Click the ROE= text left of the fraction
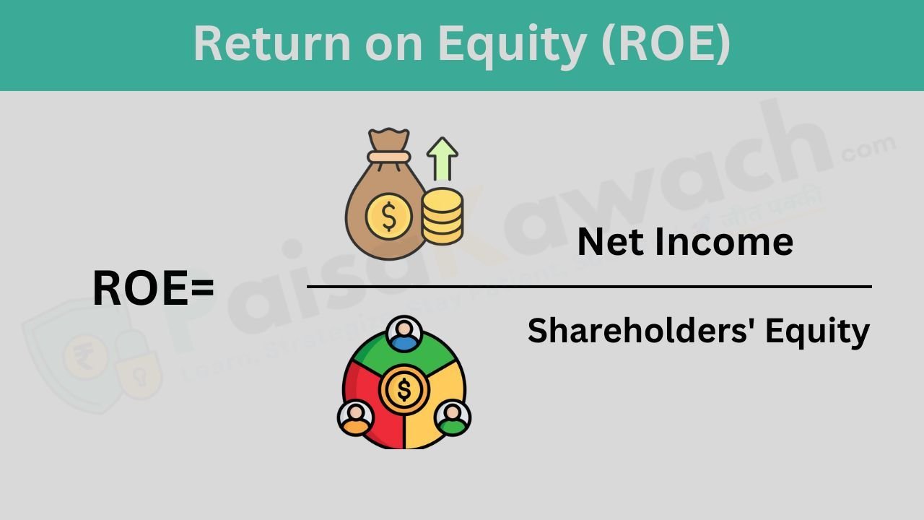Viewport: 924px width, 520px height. coord(153,288)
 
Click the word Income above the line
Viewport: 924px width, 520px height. coord(723,242)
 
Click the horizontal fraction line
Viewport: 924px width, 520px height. coord(589,287)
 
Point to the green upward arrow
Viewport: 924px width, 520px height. coord(442,158)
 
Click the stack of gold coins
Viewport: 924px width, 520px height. coord(443,215)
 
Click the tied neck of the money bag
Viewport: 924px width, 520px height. coord(388,155)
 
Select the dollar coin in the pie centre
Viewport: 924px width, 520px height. coord(404,390)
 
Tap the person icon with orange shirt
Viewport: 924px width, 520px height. coord(355,418)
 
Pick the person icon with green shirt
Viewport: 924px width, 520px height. coord(453,418)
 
